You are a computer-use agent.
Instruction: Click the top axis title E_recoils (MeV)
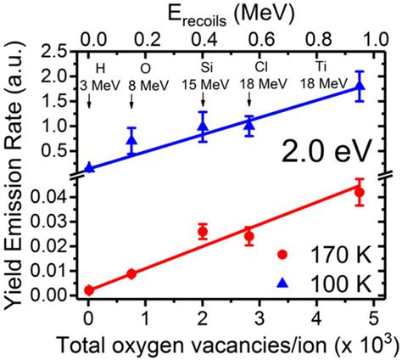[x=224, y=12]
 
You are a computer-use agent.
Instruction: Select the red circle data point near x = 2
[x=203, y=231]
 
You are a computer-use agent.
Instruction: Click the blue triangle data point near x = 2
[x=203, y=127]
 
